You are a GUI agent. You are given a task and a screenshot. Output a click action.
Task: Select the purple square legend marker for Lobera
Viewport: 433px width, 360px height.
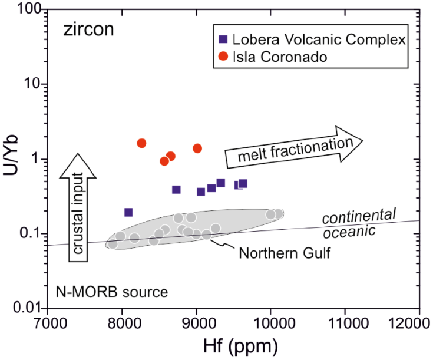point(223,40)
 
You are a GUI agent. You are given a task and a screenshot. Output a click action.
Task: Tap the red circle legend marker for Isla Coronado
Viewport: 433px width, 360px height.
point(223,57)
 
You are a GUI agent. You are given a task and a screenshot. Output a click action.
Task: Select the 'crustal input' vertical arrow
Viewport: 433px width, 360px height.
point(75,203)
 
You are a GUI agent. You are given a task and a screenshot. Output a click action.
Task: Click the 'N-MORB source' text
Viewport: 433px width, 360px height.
point(113,291)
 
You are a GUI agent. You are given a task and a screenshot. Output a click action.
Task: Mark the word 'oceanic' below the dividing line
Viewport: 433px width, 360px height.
point(353,231)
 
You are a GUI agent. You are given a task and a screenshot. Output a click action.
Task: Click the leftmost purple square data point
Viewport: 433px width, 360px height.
point(128,212)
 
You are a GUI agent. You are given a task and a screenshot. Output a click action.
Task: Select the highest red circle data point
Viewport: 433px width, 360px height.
point(141,143)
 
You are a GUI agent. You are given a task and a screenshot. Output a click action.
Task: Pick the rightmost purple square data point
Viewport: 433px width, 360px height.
point(243,184)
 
